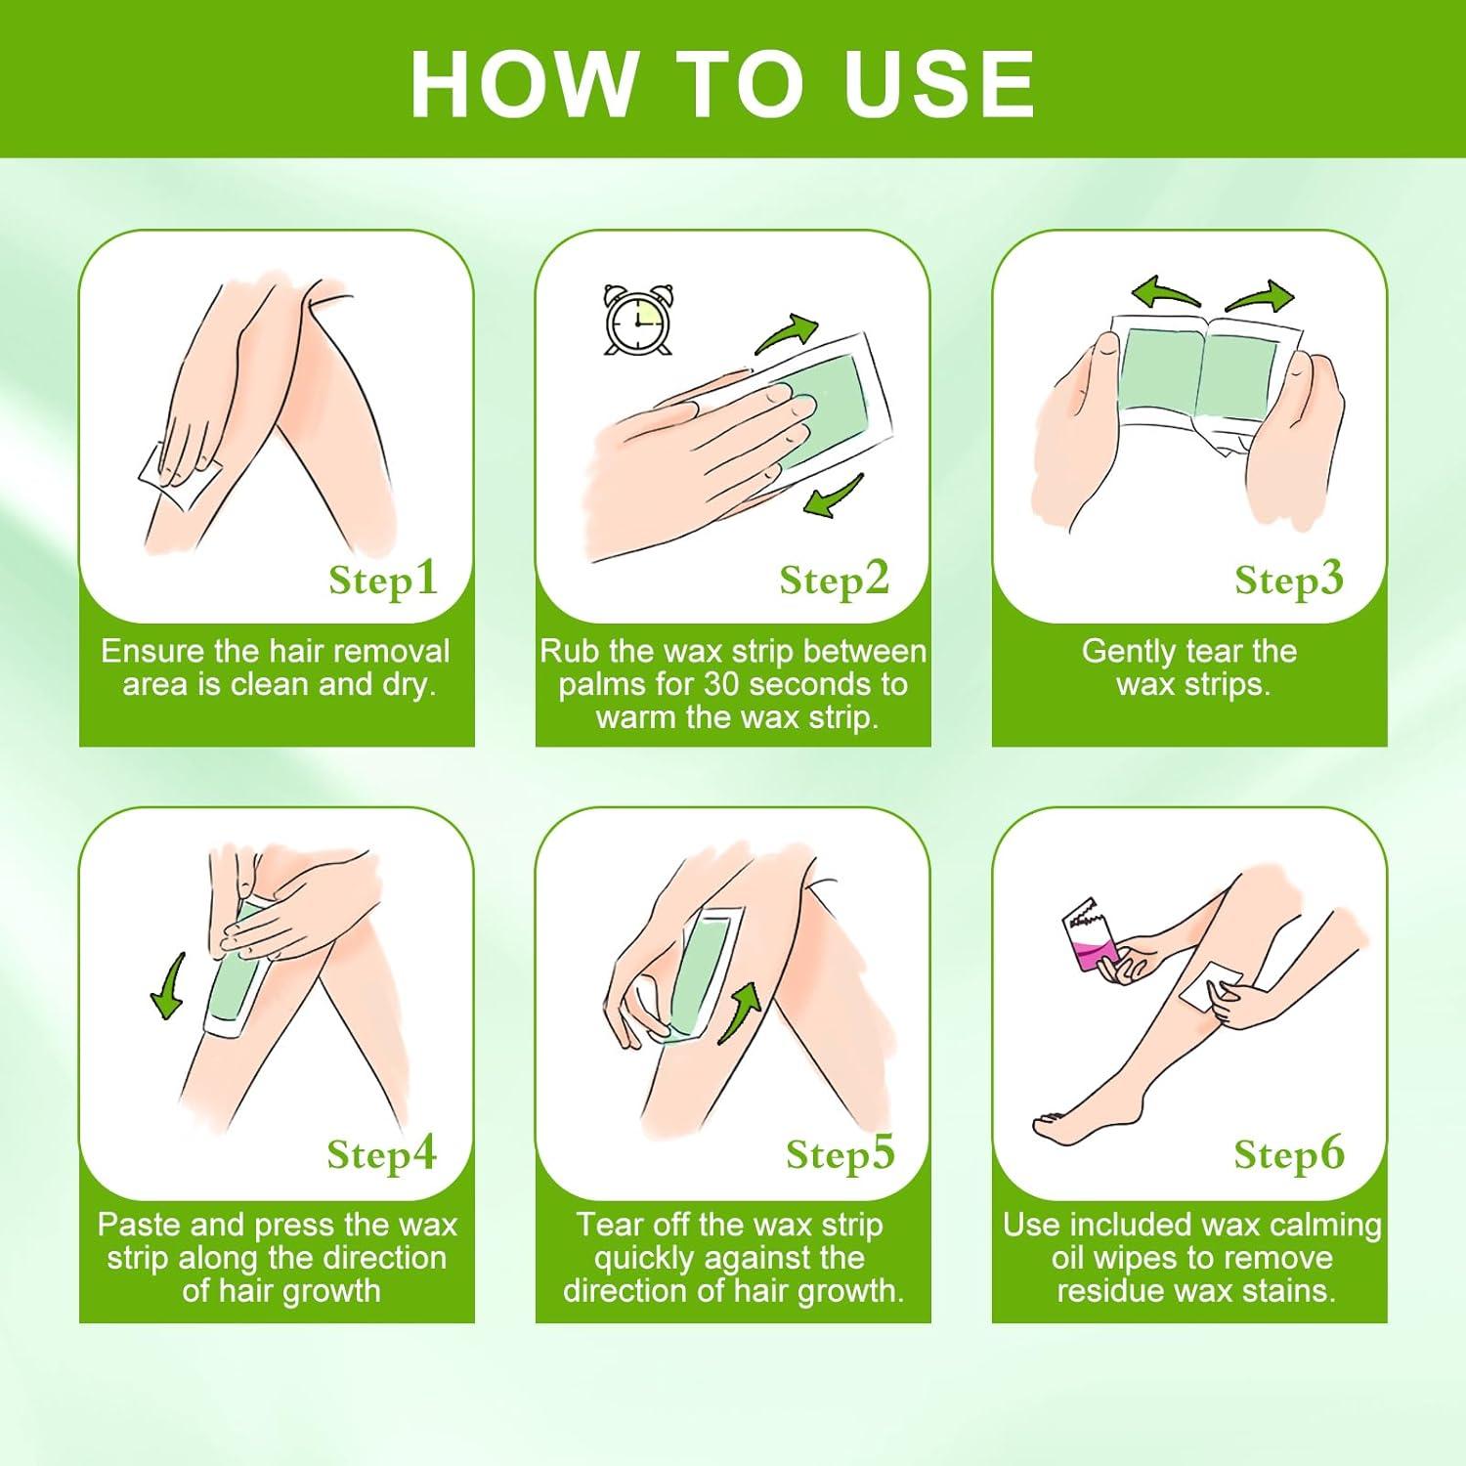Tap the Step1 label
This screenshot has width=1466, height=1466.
383,579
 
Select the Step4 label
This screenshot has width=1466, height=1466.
382,1153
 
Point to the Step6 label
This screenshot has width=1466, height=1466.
1289,1153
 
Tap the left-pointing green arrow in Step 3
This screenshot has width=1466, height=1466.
1165,292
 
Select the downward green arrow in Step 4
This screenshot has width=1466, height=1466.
169,986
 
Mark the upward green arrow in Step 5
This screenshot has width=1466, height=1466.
741,1013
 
